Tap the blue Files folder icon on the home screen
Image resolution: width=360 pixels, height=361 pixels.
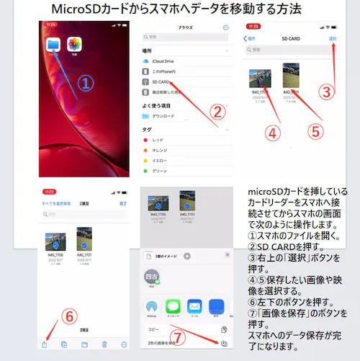tap(53, 45)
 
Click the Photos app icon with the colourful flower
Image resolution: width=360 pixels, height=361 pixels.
tap(74, 45)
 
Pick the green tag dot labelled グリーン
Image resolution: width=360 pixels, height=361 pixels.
tap(148, 171)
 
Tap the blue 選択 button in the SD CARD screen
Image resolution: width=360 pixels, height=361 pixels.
tap(332, 38)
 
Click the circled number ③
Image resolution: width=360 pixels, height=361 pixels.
tap(327, 92)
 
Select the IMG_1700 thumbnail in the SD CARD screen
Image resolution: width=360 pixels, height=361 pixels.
tap(260, 78)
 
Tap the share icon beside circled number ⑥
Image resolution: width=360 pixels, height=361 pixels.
tap(46, 344)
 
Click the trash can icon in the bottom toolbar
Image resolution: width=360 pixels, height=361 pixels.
tap(104, 344)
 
